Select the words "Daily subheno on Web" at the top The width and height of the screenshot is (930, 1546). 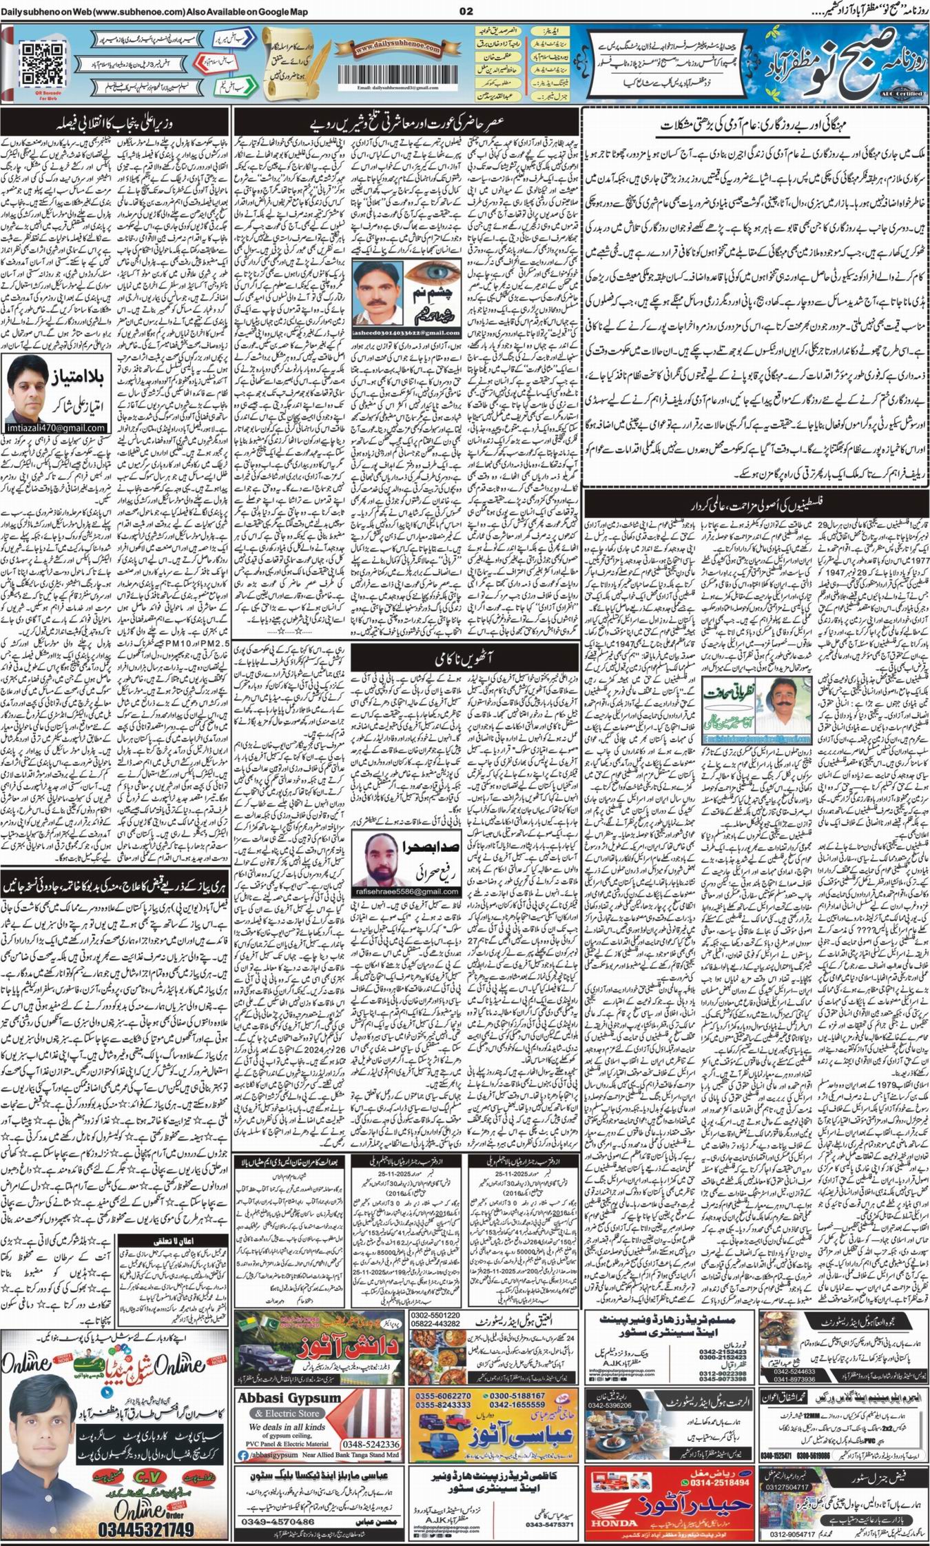click(x=43, y=8)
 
